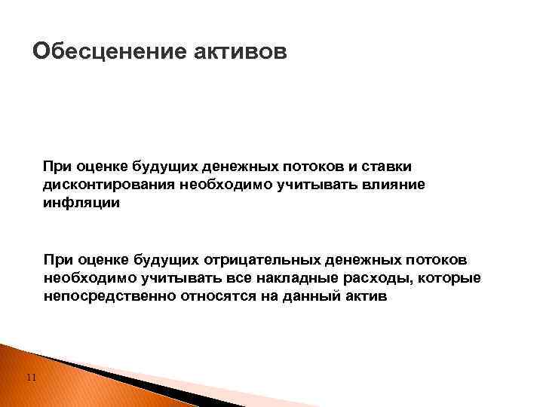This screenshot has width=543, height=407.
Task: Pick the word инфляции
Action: (81, 203)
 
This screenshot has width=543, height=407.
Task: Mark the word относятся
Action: (217, 297)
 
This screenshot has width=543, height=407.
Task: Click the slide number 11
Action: (29, 378)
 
